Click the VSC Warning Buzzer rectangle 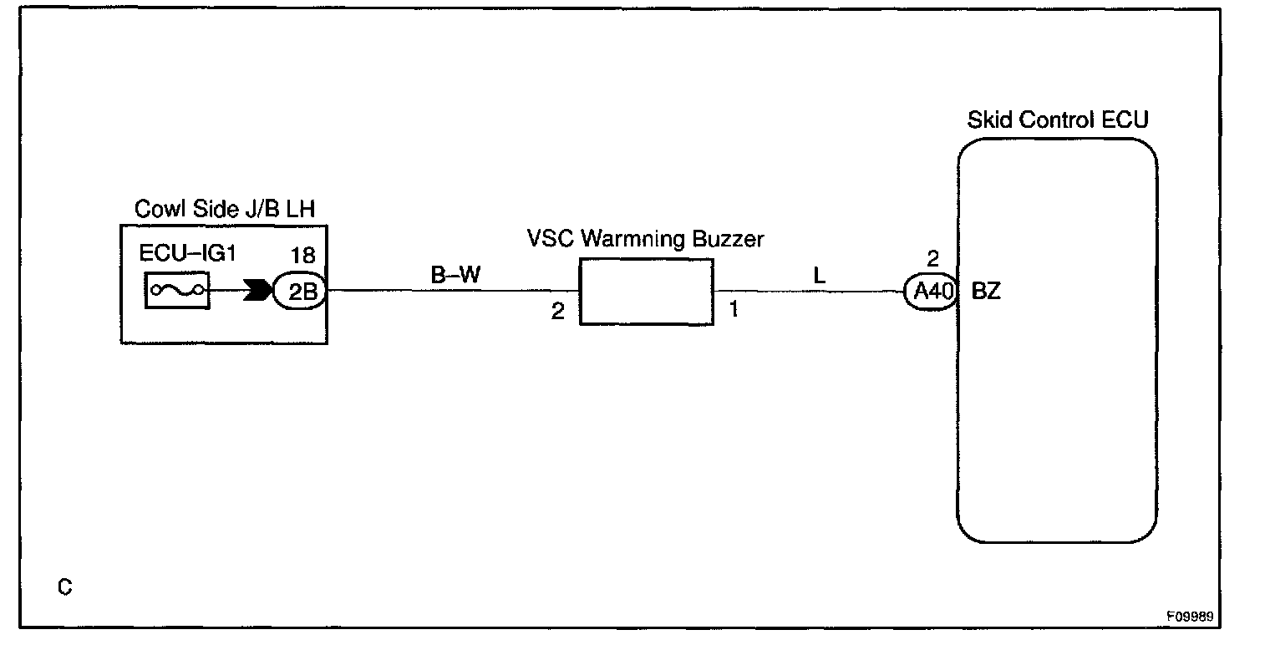click(647, 291)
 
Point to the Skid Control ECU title click(1057, 119)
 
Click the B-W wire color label click(456, 276)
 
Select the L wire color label click(819, 277)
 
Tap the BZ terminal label click(986, 293)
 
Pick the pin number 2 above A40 click(932, 258)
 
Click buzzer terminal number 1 click(734, 310)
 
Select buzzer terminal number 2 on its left click(557, 312)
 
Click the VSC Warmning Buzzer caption click(645, 238)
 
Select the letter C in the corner click(65, 588)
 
